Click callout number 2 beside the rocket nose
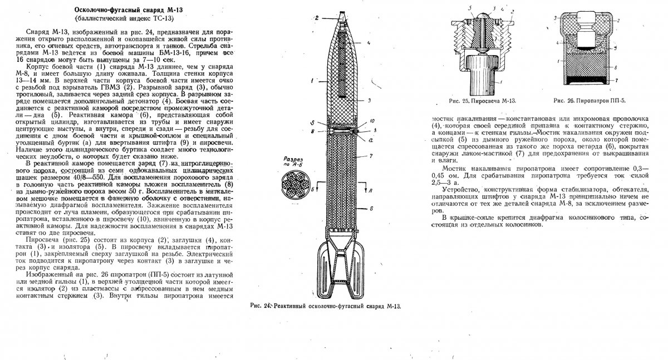316,18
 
